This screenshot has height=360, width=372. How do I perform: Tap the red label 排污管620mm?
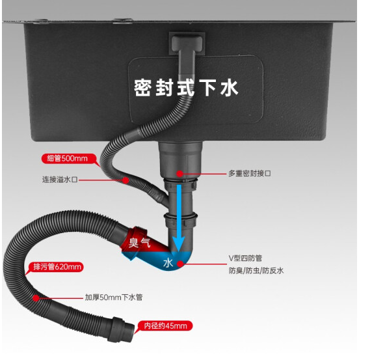coord(56,267)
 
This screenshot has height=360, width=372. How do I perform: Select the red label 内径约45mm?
coord(165,325)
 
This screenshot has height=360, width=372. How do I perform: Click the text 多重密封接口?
coord(249,173)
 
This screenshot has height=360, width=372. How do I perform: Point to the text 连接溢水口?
coord(60,179)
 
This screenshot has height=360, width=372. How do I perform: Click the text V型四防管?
coord(245,258)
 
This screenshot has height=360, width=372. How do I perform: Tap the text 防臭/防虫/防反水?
coord(256,270)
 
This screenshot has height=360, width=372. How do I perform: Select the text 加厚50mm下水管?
coord(114,297)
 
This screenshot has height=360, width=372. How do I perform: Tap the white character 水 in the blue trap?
coord(168,263)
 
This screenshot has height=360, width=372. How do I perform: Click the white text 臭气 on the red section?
coord(139,243)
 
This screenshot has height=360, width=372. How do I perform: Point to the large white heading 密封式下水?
coord(186,88)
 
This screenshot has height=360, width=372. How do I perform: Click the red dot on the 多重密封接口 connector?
coord(180,174)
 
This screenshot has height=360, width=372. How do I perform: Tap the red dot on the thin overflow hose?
coord(126,180)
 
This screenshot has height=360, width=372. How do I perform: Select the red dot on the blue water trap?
coord(180,264)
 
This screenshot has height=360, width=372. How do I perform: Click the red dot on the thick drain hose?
coord(36,298)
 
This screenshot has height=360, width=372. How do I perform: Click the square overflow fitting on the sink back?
coord(187,44)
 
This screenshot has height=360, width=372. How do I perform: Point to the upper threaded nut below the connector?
coord(180,184)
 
